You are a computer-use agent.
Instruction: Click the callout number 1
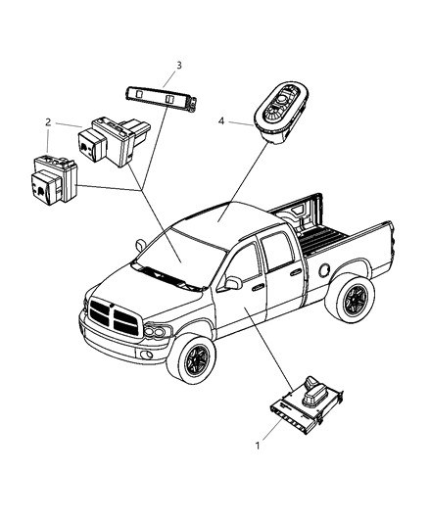257,446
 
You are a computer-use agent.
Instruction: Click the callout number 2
48,122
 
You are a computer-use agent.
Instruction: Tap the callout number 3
179,66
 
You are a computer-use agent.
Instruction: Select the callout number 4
221,121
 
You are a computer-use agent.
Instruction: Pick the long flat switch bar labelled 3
162,97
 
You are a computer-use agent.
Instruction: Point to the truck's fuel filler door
324,269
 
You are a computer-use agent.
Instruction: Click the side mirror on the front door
233,283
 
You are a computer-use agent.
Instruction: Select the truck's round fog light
146,355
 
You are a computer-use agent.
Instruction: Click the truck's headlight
158,331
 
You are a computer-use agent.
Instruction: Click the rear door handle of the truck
295,273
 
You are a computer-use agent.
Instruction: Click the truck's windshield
180,257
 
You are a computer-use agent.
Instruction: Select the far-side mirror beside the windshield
140,245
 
